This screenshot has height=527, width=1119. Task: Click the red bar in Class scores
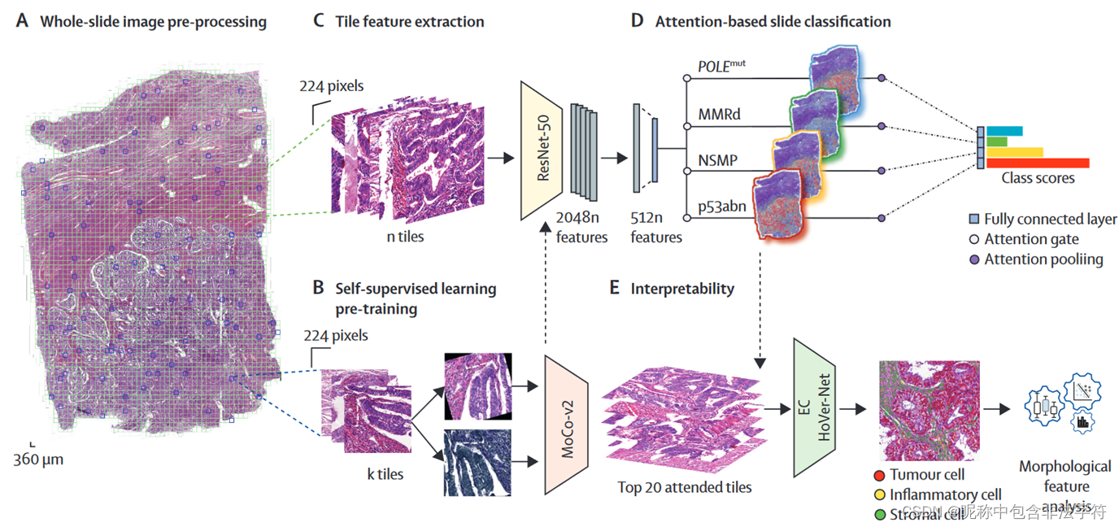1038,163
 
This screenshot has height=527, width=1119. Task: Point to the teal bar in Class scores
1004,131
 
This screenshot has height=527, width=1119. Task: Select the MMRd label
719,114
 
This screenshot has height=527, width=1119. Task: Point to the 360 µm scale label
38,459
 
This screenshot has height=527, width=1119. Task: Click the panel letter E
615,289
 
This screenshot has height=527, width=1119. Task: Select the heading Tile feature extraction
409,22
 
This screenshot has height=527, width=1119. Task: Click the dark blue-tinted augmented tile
477,462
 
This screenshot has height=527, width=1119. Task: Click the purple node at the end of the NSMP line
882,171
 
